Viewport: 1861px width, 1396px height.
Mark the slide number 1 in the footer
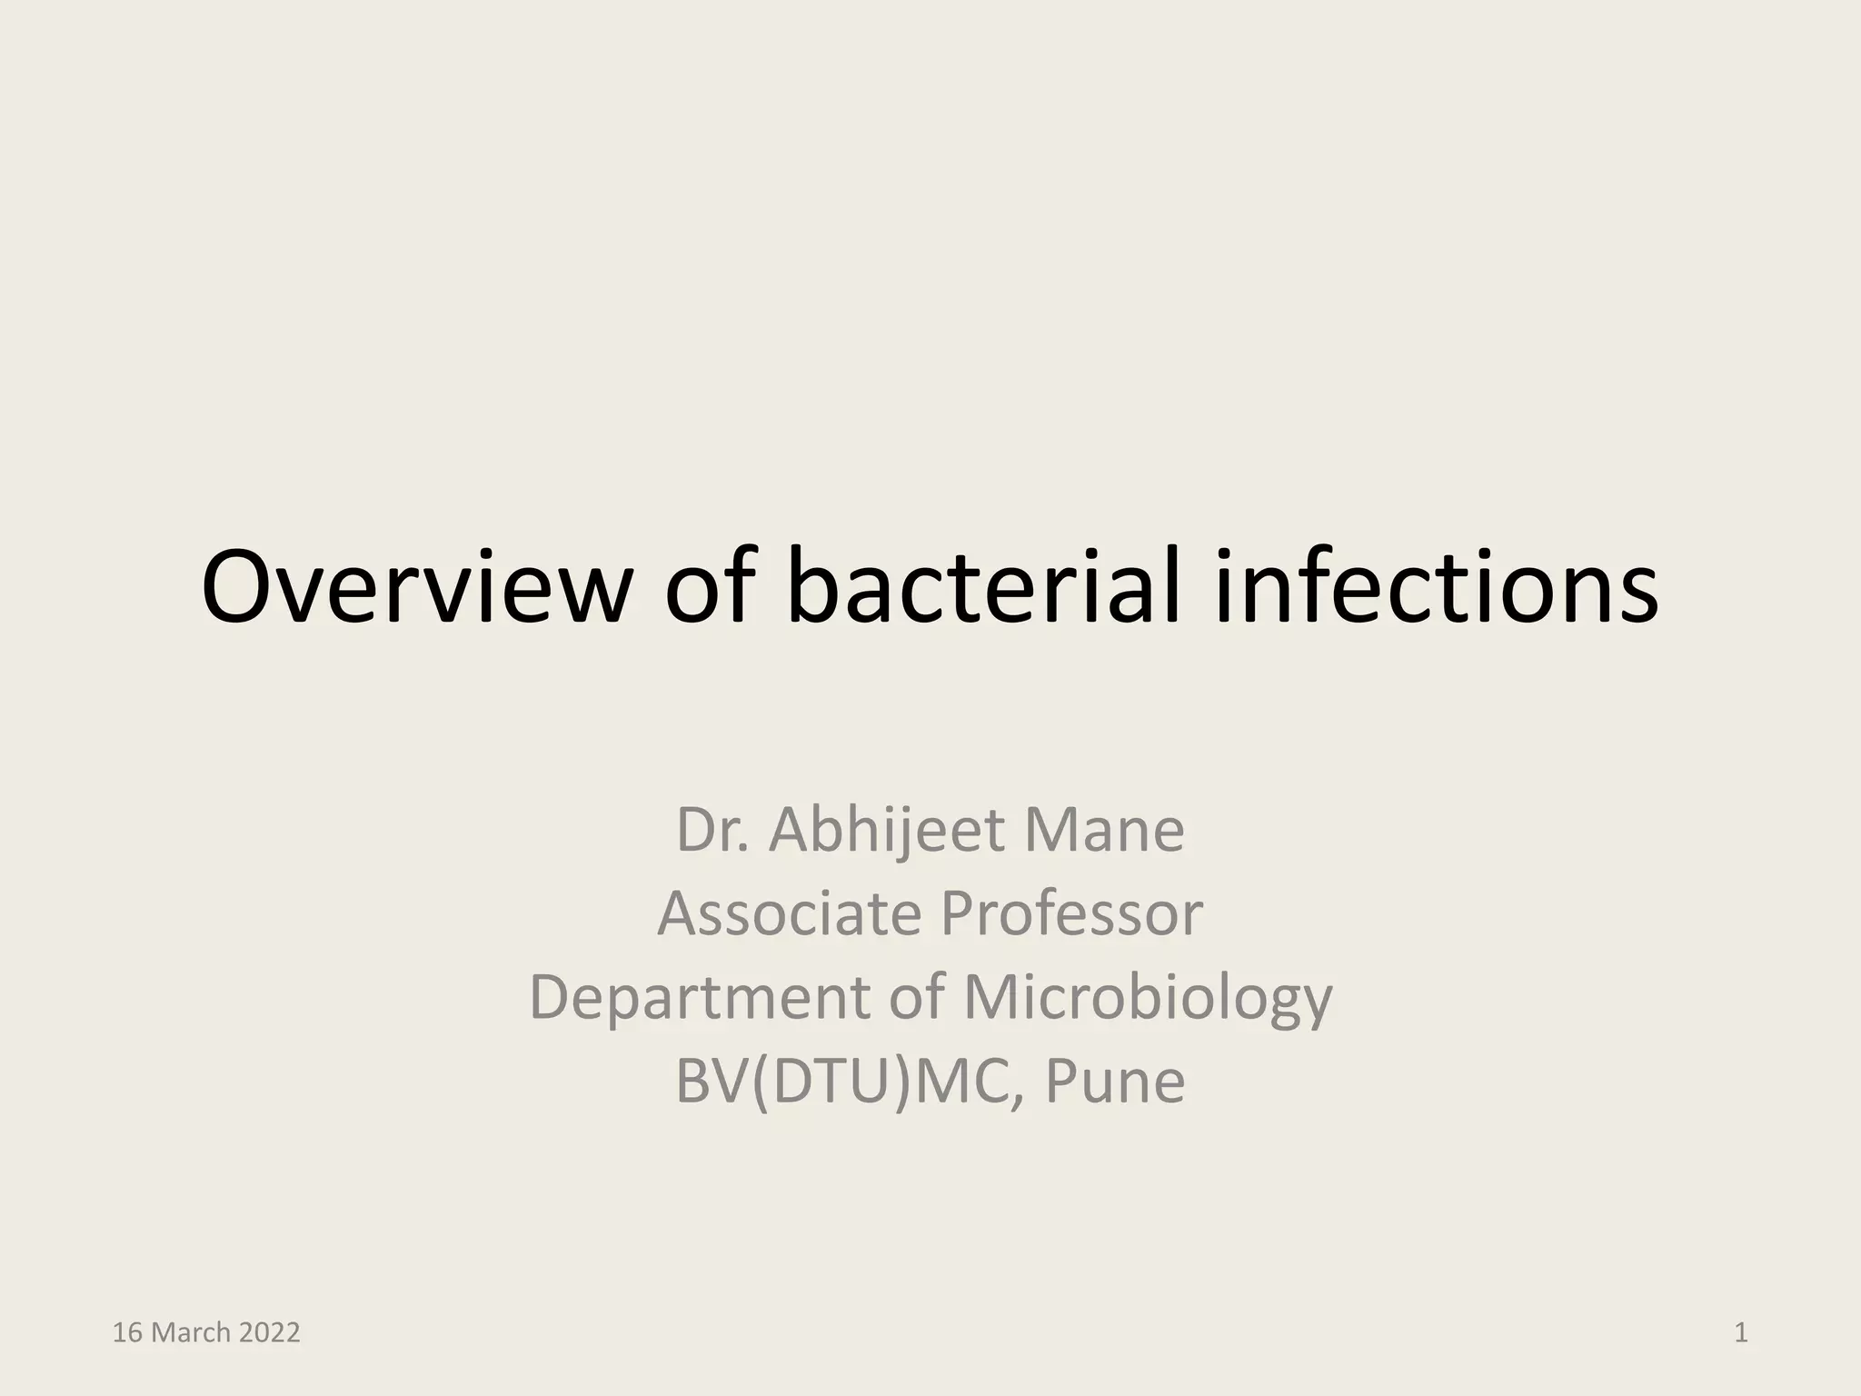point(1741,1333)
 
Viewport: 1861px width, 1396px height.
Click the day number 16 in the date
point(126,1333)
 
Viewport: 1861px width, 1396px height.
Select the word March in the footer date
point(190,1333)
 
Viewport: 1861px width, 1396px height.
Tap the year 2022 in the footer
point(269,1333)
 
